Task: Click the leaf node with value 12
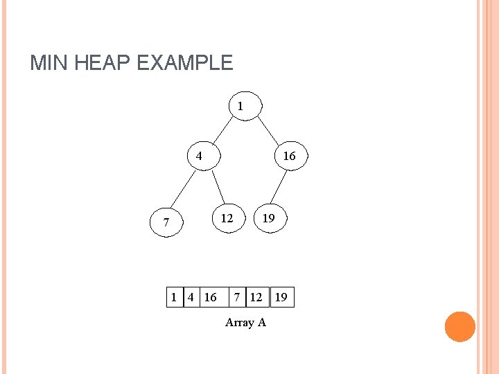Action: (228, 218)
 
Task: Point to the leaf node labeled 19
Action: (268, 218)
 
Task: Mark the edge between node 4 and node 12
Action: (218, 187)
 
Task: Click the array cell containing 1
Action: (174, 298)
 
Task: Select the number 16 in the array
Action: (210, 298)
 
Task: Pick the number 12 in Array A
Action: (256, 298)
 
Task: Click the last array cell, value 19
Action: (281, 298)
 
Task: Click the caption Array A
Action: (245, 322)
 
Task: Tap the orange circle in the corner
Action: (459, 327)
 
